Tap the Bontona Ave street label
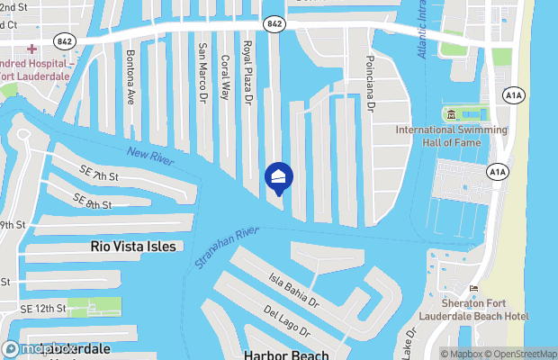pos(131,83)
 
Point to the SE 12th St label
pos(42,309)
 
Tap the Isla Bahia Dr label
pos(292,288)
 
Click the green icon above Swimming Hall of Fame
pos(450,114)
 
